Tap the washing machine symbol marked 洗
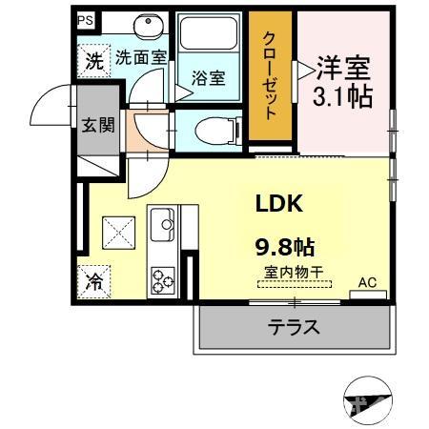(93, 62)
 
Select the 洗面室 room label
(140, 58)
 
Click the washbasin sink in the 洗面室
(147, 27)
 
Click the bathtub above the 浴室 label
(208, 38)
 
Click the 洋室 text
(342, 69)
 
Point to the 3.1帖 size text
(342, 96)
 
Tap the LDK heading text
(277, 202)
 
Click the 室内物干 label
(293, 273)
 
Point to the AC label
(367, 282)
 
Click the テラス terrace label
(292, 327)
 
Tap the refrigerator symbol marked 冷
(94, 281)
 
